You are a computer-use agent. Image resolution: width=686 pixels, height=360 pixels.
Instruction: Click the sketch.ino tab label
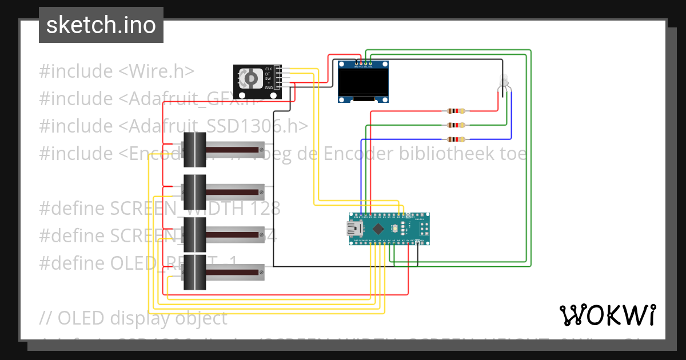[101, 25]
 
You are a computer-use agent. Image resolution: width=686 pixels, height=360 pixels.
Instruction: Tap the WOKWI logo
[607, 315]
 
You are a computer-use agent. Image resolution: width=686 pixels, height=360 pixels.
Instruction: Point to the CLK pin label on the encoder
[268, 69]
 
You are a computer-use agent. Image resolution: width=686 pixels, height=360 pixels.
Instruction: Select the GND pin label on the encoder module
[268, 87]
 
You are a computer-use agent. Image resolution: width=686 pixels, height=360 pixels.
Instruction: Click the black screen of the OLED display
[362, 81]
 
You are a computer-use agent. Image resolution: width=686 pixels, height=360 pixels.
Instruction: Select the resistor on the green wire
[456, 125]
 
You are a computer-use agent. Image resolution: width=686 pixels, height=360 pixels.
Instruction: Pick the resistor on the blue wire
[456, 139]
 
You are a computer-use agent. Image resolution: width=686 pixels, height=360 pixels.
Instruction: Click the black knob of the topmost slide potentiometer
[194, 149]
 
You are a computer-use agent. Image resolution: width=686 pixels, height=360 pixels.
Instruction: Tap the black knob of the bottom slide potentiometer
[194, 273]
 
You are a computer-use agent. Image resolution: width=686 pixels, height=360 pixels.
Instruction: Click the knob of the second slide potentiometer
[194, 190]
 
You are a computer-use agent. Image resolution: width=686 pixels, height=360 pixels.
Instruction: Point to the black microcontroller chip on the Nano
[378, 229]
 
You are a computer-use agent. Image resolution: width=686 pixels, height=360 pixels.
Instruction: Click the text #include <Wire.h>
[117, 71]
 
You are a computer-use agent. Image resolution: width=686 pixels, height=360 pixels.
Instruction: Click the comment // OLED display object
[133, 318]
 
